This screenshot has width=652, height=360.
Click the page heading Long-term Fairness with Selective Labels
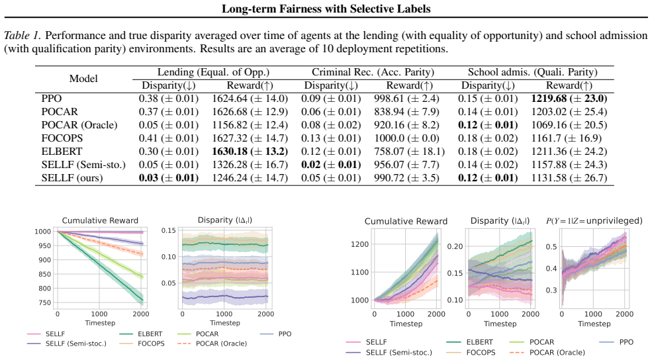326,9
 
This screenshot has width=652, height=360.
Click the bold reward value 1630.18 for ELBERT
230,152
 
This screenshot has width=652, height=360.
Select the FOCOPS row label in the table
62,138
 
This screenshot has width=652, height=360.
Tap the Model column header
83,79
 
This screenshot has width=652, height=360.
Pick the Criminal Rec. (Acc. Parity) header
373,72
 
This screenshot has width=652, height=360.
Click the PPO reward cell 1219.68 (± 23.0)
569,99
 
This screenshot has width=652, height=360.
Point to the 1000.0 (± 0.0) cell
406,138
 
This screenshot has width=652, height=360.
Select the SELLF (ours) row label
72,178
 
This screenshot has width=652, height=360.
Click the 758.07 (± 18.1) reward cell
409,152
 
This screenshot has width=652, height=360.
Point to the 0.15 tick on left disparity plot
168,230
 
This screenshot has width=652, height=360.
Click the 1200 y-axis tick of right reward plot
360,244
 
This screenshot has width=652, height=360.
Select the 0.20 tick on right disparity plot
455,246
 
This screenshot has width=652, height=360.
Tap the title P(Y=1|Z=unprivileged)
594,221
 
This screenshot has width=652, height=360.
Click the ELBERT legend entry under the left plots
140,334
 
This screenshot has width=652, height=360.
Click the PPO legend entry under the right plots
617,342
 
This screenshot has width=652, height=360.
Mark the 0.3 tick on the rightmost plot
552,290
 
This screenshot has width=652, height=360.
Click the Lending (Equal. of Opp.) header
213,72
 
